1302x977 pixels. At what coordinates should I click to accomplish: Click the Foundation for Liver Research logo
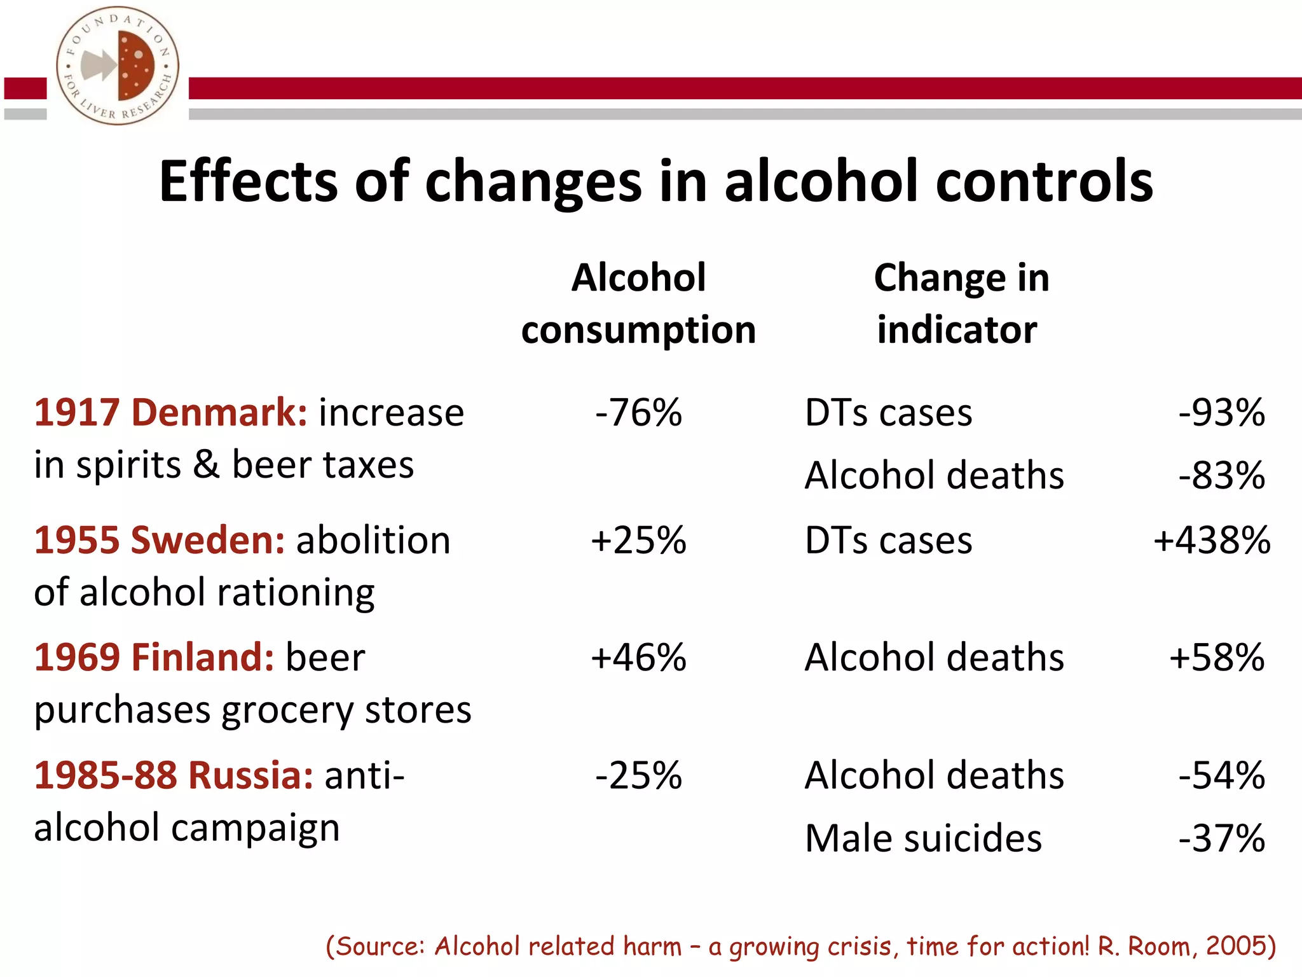point(118,66)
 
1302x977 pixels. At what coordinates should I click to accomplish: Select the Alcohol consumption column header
point(638,303)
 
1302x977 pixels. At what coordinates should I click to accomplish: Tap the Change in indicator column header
point(961,303)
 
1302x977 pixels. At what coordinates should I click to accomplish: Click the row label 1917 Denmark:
point(170,413)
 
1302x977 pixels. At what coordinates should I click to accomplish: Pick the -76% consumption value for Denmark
point(638,413)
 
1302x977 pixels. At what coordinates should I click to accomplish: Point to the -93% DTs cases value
point(1221,413)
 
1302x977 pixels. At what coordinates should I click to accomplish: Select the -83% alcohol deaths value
point(1221,475)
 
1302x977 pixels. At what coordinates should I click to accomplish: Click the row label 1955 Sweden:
point(159,541)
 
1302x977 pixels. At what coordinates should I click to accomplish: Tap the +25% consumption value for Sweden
point(638,541)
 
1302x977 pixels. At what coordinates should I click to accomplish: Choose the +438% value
point(1212,541)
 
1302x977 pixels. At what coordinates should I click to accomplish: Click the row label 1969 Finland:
point(154,657)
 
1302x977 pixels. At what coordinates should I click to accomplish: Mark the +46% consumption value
point(638,657)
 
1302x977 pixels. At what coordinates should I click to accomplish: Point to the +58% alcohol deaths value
point(1217,657)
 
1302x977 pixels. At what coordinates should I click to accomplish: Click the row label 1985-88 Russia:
point(173,775)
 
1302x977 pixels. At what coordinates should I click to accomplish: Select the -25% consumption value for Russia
point(638,775)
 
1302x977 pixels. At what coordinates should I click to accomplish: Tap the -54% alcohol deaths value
point(1221,775)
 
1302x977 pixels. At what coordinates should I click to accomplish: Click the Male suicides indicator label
point(923,838)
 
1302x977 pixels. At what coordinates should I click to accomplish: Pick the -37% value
point(1221,838)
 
